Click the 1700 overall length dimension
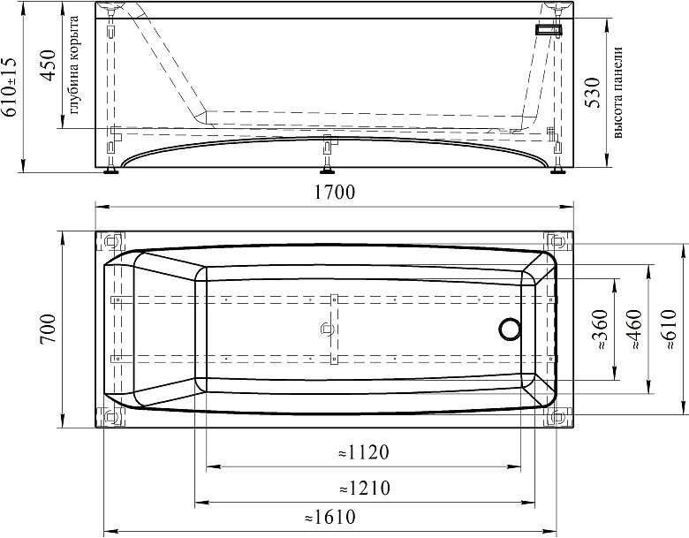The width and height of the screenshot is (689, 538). pos(335,192)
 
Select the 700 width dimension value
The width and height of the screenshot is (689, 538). pos(48,329)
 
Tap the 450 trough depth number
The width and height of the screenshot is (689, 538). pos(48,65)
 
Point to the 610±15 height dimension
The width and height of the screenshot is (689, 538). pos(10,87)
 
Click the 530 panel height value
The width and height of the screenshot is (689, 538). pos(593,92)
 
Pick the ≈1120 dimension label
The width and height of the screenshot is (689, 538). pos(364,451)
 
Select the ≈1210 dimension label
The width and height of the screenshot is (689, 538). pos(364,488)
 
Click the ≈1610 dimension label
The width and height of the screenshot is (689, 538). pos(330,517)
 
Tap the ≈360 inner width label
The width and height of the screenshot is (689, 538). pos(601,330)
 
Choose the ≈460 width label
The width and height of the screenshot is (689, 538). pos(636,330)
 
